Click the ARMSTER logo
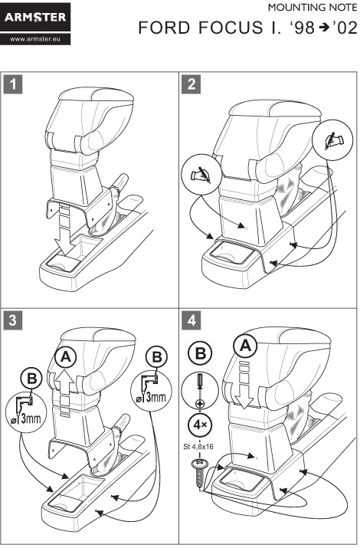point(35,17)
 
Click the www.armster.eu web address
point(35,39)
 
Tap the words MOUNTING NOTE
point(313,8)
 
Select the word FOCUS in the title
point(231,28)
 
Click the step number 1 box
point(13,84)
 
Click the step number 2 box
point(191,84)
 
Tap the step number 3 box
point(13,320)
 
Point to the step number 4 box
point(191,320)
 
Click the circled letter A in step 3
point(65,357)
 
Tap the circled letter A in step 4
point(246,346)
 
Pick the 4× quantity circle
point(200,425)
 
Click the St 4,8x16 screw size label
point(198,446)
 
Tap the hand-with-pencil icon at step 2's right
point(333,140)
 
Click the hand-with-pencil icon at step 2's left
point(201,175)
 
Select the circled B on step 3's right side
point(157,356)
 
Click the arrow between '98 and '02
point(324,28)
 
